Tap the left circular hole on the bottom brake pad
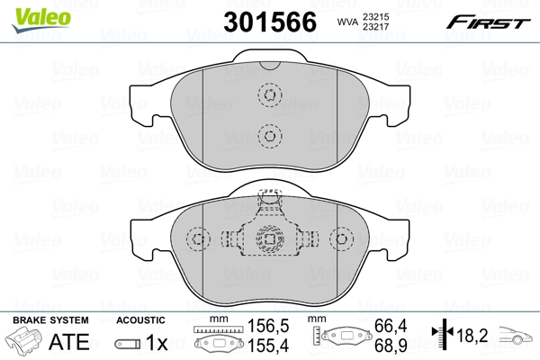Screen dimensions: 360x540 coord(198,239)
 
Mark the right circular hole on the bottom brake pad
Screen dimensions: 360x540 coord(341,239)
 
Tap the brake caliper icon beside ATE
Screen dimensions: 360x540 coord(25,343)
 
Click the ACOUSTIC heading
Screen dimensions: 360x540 coord(140,319)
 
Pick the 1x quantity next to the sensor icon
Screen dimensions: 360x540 coord(157,343)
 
